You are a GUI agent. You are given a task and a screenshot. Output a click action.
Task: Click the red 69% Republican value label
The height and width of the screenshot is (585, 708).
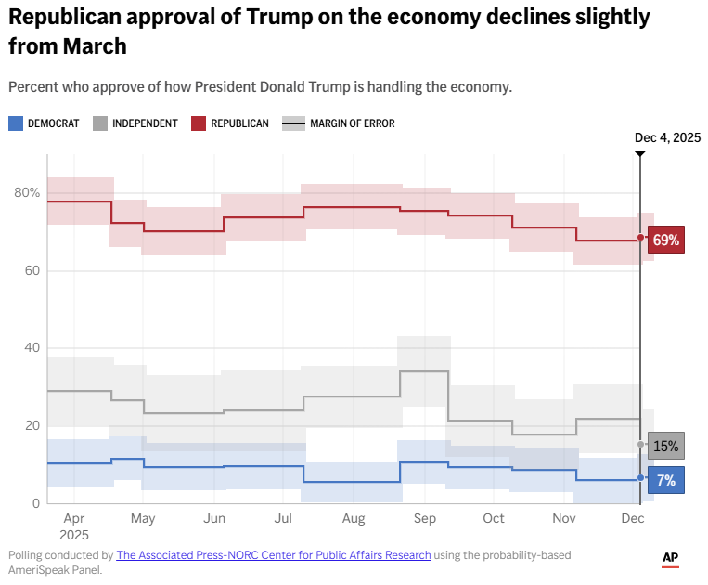click(x=666, y=240)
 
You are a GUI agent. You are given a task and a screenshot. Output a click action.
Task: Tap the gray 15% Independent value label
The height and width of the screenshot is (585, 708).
click(x=666, y=446)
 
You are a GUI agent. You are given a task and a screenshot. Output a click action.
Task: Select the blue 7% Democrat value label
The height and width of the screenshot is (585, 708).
click(x=666, y=480)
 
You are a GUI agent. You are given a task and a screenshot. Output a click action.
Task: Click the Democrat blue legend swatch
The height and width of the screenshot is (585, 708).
click(x=15, y=123)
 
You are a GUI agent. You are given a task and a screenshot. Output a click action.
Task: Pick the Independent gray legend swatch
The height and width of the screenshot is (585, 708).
click(x=100, y=123)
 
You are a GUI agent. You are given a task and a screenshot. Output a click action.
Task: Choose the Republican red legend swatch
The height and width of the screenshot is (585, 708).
click(x=199, y=123)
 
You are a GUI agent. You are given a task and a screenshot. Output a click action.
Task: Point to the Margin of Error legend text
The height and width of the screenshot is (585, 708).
click(x=352, y=123)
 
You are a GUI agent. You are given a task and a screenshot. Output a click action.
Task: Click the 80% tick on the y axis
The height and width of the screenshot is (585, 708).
click(x=27, y=193)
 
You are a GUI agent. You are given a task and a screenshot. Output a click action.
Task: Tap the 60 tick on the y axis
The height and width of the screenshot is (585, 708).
click(x=32, y=271)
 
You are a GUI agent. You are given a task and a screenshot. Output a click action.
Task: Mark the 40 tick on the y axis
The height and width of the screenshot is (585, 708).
click(x=32, y=348)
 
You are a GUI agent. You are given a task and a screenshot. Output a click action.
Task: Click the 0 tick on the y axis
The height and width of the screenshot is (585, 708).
click(x=35, y=503)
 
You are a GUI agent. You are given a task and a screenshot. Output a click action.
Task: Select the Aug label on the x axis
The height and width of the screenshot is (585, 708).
click(x=354, y=518)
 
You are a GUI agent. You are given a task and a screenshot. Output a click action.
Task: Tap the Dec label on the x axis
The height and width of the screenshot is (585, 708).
click(x=633, y=518)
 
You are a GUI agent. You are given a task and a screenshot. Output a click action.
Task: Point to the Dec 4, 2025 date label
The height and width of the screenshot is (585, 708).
click(x=667, y=137)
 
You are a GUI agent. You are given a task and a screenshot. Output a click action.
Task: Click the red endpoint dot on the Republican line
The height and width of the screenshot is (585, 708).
click(x=640, y=238)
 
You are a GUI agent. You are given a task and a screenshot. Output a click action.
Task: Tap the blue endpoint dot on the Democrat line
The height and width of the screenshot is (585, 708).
click(x=640, y=478)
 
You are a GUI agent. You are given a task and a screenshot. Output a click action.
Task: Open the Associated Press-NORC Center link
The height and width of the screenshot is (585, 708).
click(x=274, y=555)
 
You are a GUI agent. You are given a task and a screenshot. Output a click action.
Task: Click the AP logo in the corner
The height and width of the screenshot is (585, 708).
click(x=670, y=558)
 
